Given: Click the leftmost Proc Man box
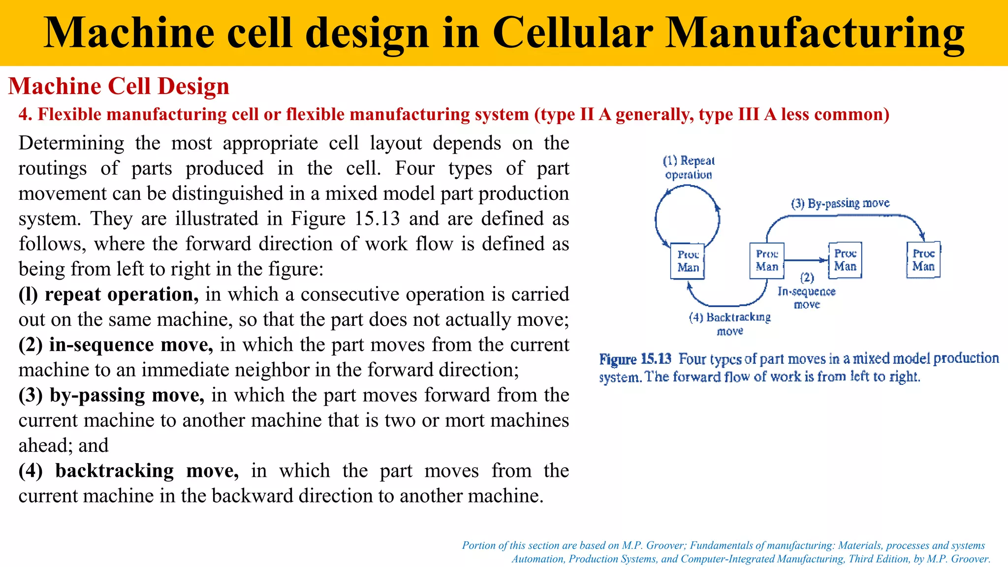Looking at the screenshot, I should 688,261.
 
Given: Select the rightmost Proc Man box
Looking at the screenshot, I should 923,260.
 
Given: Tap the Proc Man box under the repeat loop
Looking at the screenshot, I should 688,261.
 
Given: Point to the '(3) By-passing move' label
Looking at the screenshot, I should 840,203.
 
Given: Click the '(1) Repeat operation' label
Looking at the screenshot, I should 689,167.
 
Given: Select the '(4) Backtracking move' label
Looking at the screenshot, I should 730,323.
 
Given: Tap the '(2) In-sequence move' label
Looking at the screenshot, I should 807,291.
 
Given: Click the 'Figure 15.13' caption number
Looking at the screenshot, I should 635,359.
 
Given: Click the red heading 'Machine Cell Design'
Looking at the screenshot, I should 119,86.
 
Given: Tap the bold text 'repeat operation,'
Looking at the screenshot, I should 122,294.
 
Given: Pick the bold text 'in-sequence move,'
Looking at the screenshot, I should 131,345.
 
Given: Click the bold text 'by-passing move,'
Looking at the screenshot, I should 127,395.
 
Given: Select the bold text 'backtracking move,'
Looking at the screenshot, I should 147,471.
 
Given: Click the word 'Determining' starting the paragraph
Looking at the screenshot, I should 71,143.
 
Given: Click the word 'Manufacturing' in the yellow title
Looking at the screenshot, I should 815,32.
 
